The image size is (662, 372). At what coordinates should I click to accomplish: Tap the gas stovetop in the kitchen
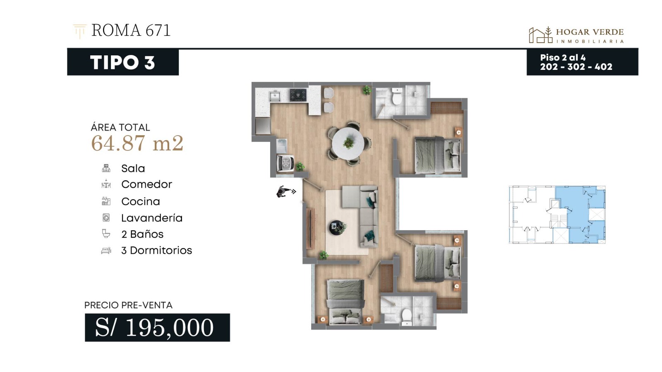click(x=298, y=95)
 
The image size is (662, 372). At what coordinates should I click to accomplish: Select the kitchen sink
click(x=275, y=96)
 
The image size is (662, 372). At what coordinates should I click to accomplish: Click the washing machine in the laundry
click(x=285, y=163)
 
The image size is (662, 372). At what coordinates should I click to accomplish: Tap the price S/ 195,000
click(x=154, y=327)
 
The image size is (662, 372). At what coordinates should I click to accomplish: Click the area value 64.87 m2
click(x=137, y=143)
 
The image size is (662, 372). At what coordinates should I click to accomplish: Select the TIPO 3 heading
click(x=122, y=62)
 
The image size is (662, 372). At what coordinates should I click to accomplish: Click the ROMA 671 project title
click(x=131, y=30)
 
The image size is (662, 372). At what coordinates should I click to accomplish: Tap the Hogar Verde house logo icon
click(x=540, y=35)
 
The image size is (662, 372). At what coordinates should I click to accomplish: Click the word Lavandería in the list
click(x=152, y=218)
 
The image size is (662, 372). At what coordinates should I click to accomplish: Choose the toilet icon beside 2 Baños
click(x=106, y=234)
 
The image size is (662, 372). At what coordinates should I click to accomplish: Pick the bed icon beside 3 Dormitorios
click(x=106, y=250)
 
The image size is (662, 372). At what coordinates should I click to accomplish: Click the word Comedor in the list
click(x=146, y=184)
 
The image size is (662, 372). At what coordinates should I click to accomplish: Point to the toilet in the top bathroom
click(x=397, y=96)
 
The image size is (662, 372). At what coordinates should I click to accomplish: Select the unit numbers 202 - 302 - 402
click(x=576, y=67)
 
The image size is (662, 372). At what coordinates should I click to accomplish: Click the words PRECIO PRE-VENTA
click(x=128, y=305)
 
